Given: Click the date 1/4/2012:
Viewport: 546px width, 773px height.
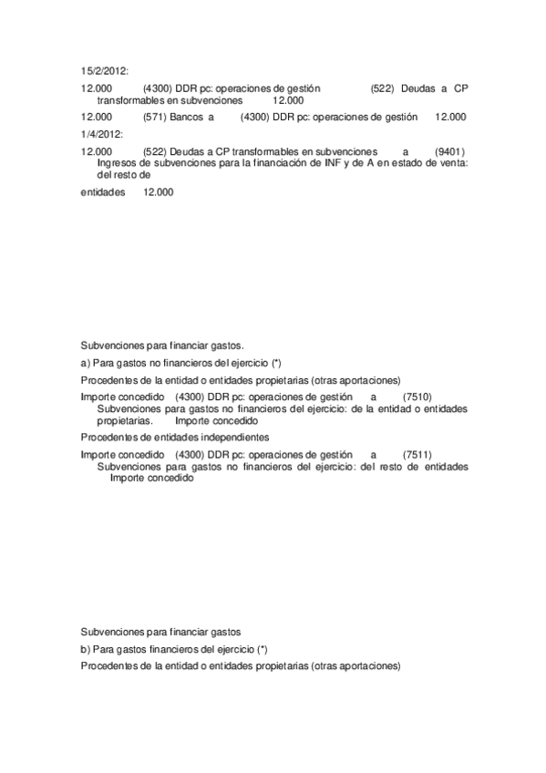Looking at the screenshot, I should [x=101, y=134].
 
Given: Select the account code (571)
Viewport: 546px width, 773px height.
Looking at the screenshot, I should [x=154, y=117].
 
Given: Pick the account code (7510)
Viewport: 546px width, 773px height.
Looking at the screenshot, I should [x=417, y=397].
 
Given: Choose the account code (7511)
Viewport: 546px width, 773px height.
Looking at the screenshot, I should [x=417, y=454].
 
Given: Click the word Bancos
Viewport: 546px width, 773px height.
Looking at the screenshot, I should [x=186, y=117].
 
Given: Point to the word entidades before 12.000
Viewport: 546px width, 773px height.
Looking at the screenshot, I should [x=103, y=192].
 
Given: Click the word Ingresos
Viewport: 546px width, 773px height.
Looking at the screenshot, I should [x=117, y=162].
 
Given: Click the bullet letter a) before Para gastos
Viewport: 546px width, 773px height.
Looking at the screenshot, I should [x=86, y=363].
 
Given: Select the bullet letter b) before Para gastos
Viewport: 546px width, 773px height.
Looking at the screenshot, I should [x=86, y=649].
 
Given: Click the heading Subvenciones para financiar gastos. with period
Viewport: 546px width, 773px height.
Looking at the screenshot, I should [x=162, y=346].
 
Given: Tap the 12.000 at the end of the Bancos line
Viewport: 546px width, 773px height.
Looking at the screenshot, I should [x=450, y=117].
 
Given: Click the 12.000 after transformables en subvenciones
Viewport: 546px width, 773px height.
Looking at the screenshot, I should [x=288, y=100].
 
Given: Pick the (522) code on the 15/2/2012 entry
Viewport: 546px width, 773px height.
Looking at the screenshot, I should [x=383, y=88].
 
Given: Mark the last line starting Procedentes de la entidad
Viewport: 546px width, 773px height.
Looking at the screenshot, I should [x=241, y=666].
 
